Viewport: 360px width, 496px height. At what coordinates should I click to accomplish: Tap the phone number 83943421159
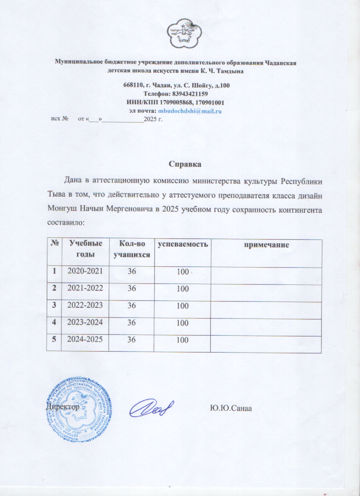click(188, 94)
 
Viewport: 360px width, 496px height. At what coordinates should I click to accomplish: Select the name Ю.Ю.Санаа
click(231, 408)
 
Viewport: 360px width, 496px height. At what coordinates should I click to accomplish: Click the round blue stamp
click(80, 407)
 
